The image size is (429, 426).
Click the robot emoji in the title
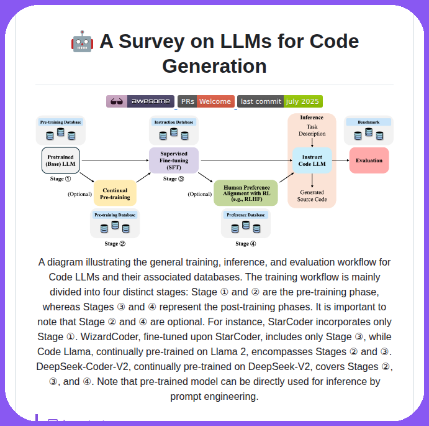(x=83, y=42)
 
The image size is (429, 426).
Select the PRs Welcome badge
(x=206, y=101)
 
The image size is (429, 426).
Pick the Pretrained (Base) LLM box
(x=61, y=160)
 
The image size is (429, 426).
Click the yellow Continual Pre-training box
(x=115, y=193)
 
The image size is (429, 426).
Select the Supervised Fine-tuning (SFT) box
(x=174, y=160)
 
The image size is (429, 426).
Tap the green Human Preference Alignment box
(x=246, y=193)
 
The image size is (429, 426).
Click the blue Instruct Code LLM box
(x=312, y=160)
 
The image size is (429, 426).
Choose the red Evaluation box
(x=369, y=160)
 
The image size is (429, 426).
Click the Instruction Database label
(x=174, y=122)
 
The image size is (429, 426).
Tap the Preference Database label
(x=246, y=215)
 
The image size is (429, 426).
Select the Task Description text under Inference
(x=312, y=130)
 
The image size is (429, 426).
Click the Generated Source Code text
(x=312, y=196)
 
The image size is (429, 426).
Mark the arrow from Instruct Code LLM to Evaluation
(x=340, y=160)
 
